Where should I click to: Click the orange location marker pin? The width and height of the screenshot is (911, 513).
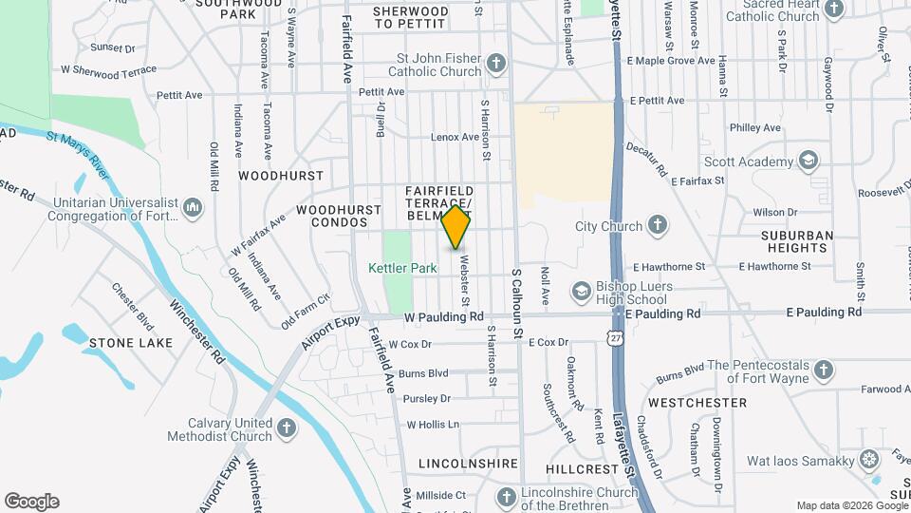456,226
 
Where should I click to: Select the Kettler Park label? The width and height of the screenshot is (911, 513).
402,268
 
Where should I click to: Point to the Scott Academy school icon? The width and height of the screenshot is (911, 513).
809,161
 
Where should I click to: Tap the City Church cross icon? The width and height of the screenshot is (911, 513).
658,225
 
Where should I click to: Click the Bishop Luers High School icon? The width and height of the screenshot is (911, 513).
580,291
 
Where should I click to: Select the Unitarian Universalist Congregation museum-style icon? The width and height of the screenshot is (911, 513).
193,207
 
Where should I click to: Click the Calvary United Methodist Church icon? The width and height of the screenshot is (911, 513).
287,427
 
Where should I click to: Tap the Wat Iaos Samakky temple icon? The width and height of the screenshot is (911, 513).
869,461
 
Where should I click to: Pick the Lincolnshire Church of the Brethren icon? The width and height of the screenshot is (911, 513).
506,497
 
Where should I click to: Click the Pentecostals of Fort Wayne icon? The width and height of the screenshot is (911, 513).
824,370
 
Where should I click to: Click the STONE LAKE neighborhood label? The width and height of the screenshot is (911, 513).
131,342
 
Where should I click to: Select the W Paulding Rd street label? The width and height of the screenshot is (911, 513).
444,316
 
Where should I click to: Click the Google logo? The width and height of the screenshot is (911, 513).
31,501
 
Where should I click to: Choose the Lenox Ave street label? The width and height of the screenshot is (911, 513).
455,137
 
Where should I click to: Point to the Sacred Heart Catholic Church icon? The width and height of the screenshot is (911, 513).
834,9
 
